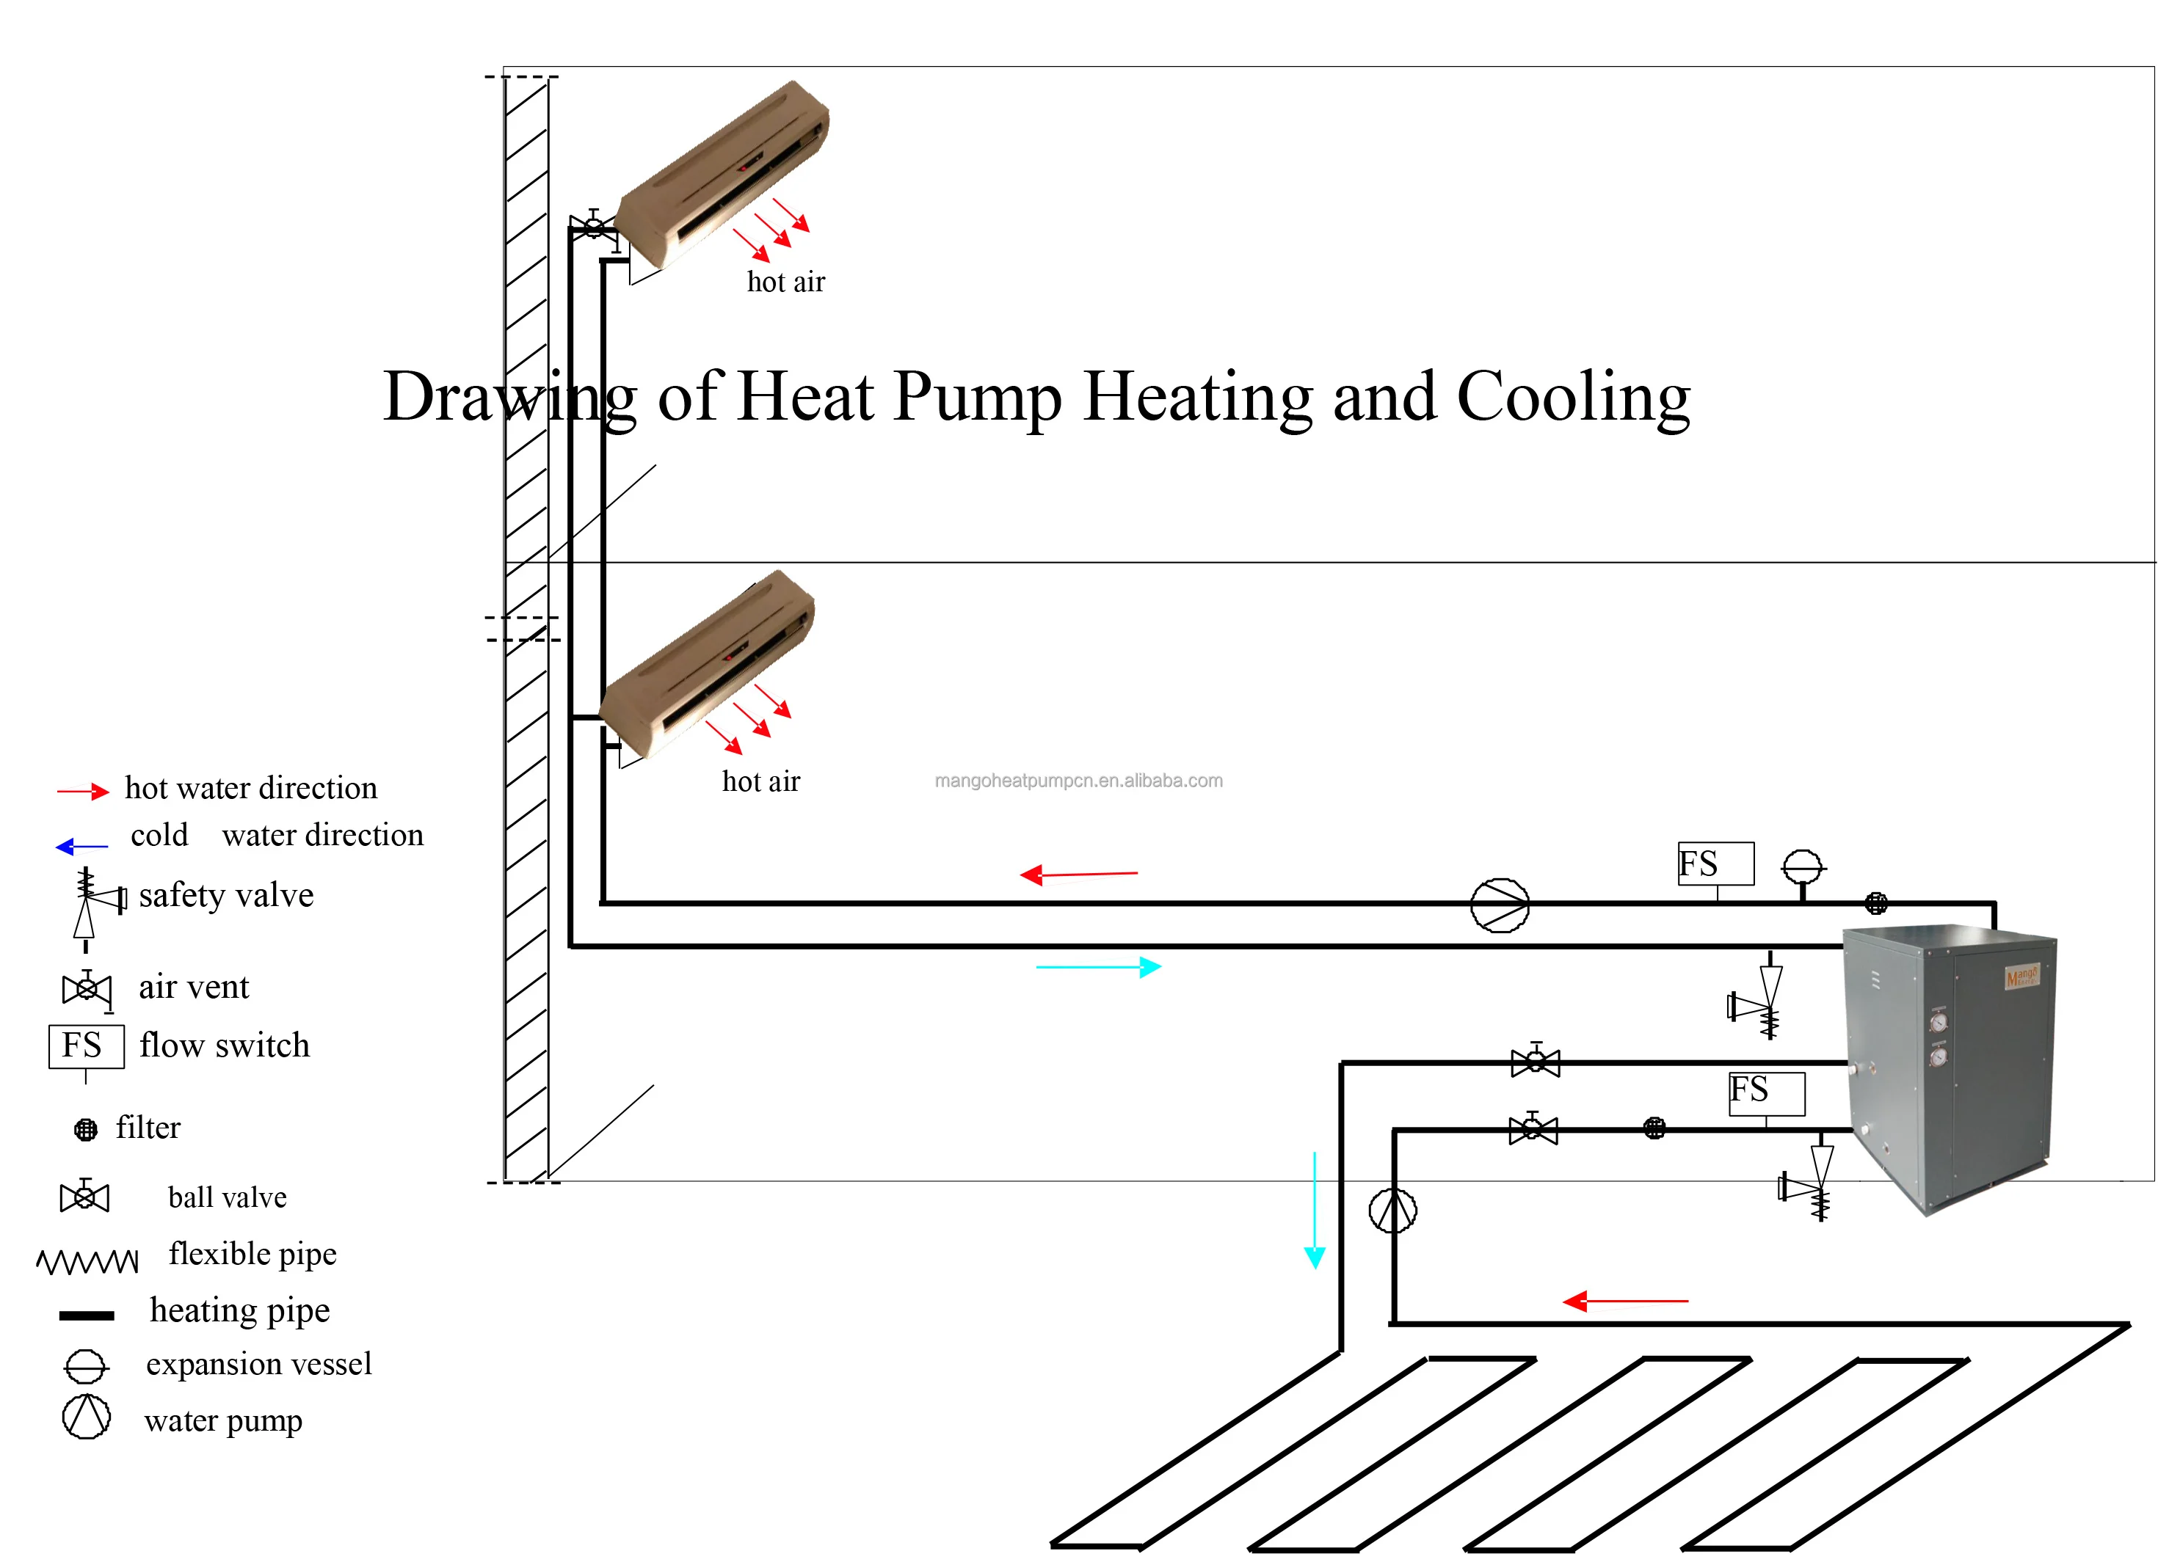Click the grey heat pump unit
(1946, 1065)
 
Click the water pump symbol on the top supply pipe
(1500, 905)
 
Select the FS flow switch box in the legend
(86, 1046)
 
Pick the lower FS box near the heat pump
(1766, 1093)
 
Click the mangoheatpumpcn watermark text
(1078, 781)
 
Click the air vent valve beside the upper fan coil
(593, 227)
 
